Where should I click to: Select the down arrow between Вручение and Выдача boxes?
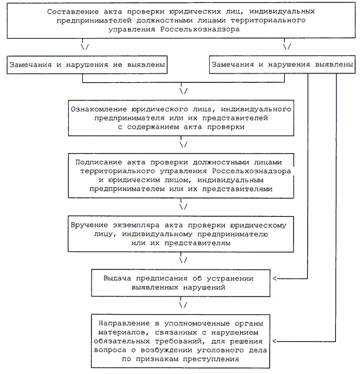point(184,259)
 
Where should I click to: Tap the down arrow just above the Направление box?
point(184,305)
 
